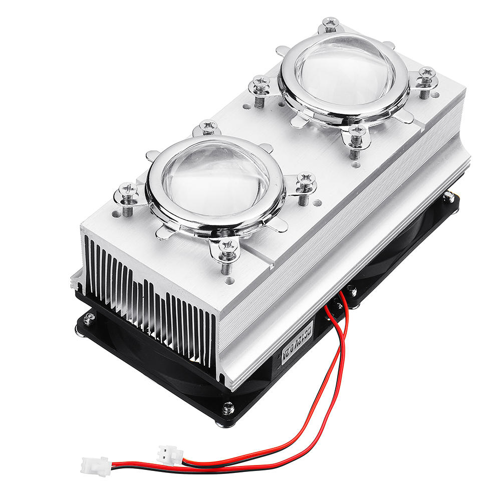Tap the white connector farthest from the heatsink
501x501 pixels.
pyautogui.click(x=95, y=465)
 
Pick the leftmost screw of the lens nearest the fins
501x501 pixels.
pyautogui.click(x=128, y=190)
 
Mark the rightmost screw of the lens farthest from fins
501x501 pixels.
pyautogui.click(x=426, y=73)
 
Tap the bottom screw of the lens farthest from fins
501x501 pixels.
pyautogui.click(x=357, y=131)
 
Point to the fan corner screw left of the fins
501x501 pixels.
pyautogui.click(x=89, y=317)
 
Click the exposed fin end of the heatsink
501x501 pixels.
pyautogui.click(x=150, y=306)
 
